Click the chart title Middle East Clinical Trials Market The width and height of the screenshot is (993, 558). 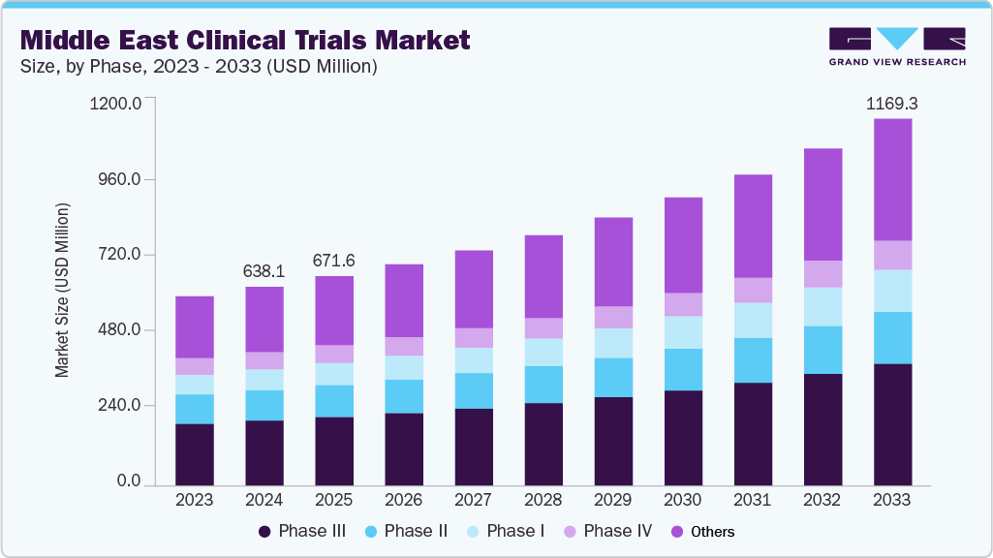click(x=245, y=40)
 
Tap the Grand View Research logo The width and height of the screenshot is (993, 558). click(x=897, y=46)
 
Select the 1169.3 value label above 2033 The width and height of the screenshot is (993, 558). click(x=892, y=102)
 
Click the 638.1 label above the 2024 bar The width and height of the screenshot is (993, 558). click(x=264, y=271)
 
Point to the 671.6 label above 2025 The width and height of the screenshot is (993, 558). click(x=334, y=261)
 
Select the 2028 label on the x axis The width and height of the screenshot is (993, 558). click(x=543, y=501)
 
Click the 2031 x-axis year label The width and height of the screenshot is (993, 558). click(x=753, y=501)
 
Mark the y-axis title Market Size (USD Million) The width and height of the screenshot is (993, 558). click(x=63, y=291)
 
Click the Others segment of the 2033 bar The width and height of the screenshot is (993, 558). click(x=892, y=179)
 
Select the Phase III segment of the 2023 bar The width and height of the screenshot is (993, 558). click(x=195, y=453)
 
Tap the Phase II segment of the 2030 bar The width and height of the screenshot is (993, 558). click(x=683, y=369)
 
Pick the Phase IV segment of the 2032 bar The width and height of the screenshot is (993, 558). click(x=822, y=274)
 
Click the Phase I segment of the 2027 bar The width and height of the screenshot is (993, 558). click(x=474, y=360)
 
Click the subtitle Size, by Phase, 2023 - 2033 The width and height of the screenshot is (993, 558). click(x=199, y=67)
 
